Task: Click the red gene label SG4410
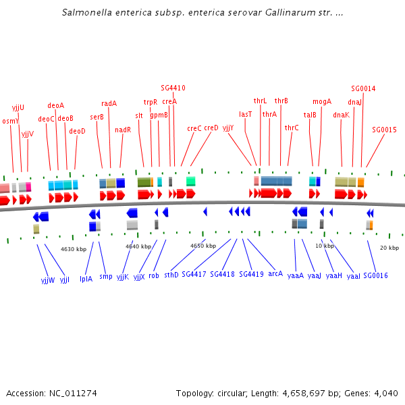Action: pyautogui.click(x=173, y=88)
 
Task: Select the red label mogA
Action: pyautogui.click(x=322, y=101)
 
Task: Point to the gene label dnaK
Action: pyautogui.click(x=341, y=115)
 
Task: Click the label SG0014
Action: pyautogui.click(x=363, y=88)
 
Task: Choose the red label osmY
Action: pyautogui.click(x=11, y=122)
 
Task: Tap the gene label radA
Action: pyautogui.click(x=109, y=103)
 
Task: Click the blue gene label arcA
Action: pyautogui.click(x=275, y=274)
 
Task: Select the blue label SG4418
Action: pyautogui.click(x=222, y=274)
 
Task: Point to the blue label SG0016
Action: pyautogui.click(x=375, y=275)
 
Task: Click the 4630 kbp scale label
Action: pyautogui.click(x=74, y=249)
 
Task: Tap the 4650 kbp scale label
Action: pyautogui.click(x=203, y=246)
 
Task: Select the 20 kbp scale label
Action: pyautogui.click(x=389, y=248)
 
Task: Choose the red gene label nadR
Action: pyautogui.click(x=123, y=130)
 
